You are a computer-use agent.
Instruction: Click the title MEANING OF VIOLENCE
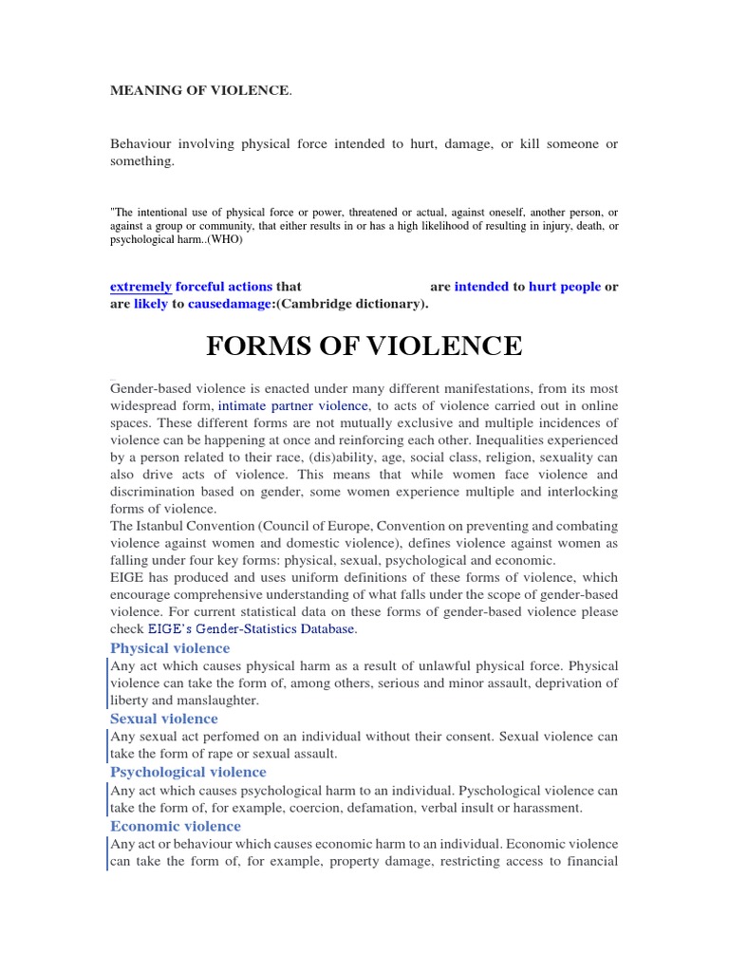199,90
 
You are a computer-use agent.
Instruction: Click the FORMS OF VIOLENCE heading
364,346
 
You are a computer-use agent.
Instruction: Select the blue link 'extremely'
140,286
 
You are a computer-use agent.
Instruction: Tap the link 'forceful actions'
224,286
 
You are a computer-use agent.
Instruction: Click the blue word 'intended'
481,286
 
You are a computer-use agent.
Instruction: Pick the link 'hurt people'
565,286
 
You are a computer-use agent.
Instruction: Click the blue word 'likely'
151,304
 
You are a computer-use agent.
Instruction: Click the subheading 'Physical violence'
170,648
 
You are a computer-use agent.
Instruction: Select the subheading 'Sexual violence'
164,719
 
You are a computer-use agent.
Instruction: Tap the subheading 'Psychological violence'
188,772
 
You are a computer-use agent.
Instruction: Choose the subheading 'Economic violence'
176,826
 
